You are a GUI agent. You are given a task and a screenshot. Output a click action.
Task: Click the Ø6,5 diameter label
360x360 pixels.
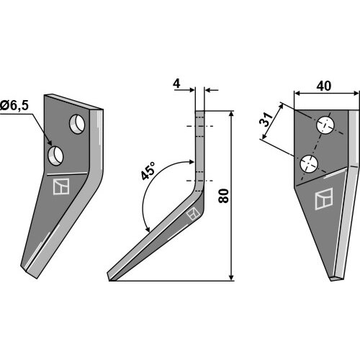click(x=14, y=106)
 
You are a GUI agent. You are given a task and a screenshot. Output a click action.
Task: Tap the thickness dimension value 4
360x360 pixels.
click(x=176, y=84)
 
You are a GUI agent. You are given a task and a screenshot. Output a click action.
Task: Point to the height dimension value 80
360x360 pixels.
click(x=224, y=196)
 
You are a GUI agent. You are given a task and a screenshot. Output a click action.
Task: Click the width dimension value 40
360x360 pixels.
click(x=324, y=86)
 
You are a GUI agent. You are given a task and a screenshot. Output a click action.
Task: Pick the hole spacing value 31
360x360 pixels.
click(x=266, y=120)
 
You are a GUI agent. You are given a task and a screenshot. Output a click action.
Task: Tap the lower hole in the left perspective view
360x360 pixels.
click(x=55, y=156)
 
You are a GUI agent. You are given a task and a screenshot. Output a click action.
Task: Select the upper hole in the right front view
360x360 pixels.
click(x=325, y=125)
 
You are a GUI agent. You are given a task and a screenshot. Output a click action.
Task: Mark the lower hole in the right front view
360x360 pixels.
click(x=309, y=163)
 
